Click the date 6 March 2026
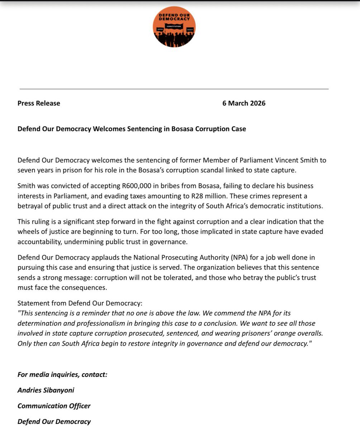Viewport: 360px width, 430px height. pos(244,103)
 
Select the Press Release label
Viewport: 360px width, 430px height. pos(39,103)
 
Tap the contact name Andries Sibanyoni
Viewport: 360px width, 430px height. pos(46,390)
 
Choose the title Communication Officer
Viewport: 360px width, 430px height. pos(54,406)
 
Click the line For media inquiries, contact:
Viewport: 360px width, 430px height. pos(62,375)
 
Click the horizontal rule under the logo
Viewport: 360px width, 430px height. pos(174,89)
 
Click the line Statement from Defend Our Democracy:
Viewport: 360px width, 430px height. pos(80,303)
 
